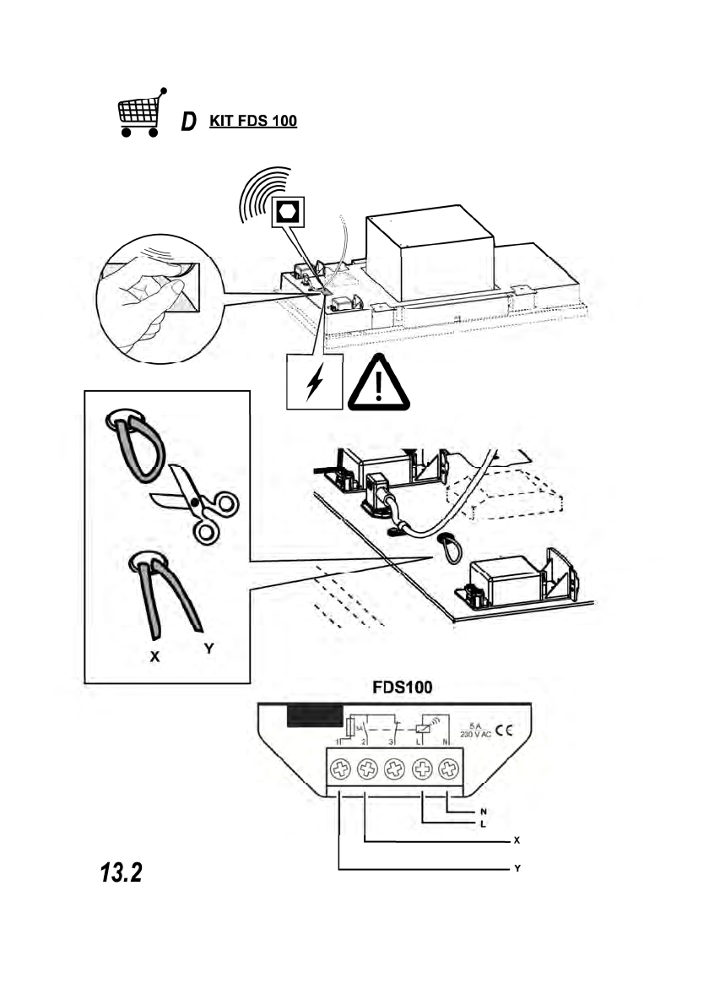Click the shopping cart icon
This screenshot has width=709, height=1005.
[x=140, y=113]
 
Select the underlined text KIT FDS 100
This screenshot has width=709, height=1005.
[x=247, y=121]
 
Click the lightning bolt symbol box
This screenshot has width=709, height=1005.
[x=314, y=382]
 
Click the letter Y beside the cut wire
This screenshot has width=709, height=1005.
[x=207, y=649]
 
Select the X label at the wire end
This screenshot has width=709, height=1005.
[x=516, y=841]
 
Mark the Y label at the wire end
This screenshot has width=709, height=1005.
[x=516, y=869]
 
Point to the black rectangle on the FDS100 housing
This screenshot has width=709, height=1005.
[x=314, y=715]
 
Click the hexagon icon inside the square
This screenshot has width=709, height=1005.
[x=288, y=210]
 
